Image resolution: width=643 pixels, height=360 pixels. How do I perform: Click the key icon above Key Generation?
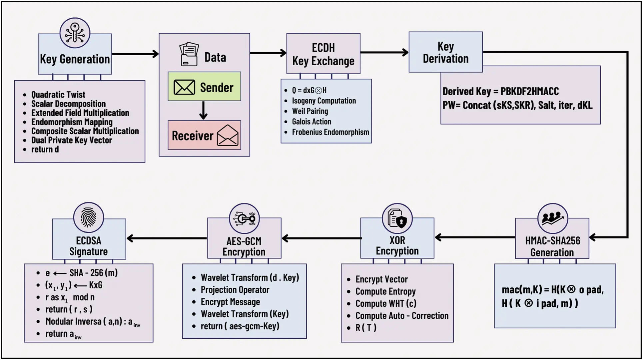click(75, 33)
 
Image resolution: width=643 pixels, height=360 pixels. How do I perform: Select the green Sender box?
click(204, 87)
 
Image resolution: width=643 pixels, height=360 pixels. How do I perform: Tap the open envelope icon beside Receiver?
click(228, 135)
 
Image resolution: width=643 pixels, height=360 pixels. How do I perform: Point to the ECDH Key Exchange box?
click(323, 54)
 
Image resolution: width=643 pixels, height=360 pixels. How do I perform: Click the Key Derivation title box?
click(445, 52)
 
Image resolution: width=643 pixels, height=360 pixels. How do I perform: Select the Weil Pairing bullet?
click(310, 111)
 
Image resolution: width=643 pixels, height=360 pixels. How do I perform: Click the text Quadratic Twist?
click(58, 95)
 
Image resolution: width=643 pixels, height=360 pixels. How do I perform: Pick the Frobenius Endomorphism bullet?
click(330, 132)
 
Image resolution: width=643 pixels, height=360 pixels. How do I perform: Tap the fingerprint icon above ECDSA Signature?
click(89, 217)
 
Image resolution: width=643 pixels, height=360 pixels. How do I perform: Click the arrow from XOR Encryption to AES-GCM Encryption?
click(321, 238)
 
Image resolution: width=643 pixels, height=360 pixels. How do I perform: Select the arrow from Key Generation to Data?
click(135, 54)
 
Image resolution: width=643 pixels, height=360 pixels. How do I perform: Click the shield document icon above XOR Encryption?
click(397, 219)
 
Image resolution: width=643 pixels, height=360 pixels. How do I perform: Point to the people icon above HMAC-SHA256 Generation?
click(552, 218)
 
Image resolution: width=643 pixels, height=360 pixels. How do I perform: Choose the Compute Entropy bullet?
click(385, 291)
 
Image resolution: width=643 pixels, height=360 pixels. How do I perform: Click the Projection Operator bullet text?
click(235, 290)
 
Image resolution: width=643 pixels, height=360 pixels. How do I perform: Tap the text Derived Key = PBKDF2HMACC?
click(500, 91)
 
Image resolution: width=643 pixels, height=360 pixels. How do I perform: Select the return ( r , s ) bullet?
click(69, 309)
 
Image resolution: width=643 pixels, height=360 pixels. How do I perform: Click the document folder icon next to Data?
click(189, 54)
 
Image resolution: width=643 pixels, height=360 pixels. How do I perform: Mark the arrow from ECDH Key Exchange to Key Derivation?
click(384, 53)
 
